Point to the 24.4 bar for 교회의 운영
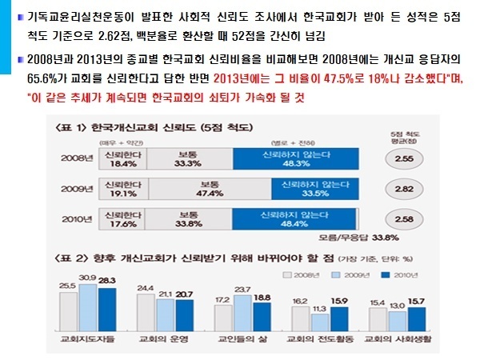pyautogui.click(x=146, y=313)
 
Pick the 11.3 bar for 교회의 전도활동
pyautogui.click(x=319, y=325)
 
